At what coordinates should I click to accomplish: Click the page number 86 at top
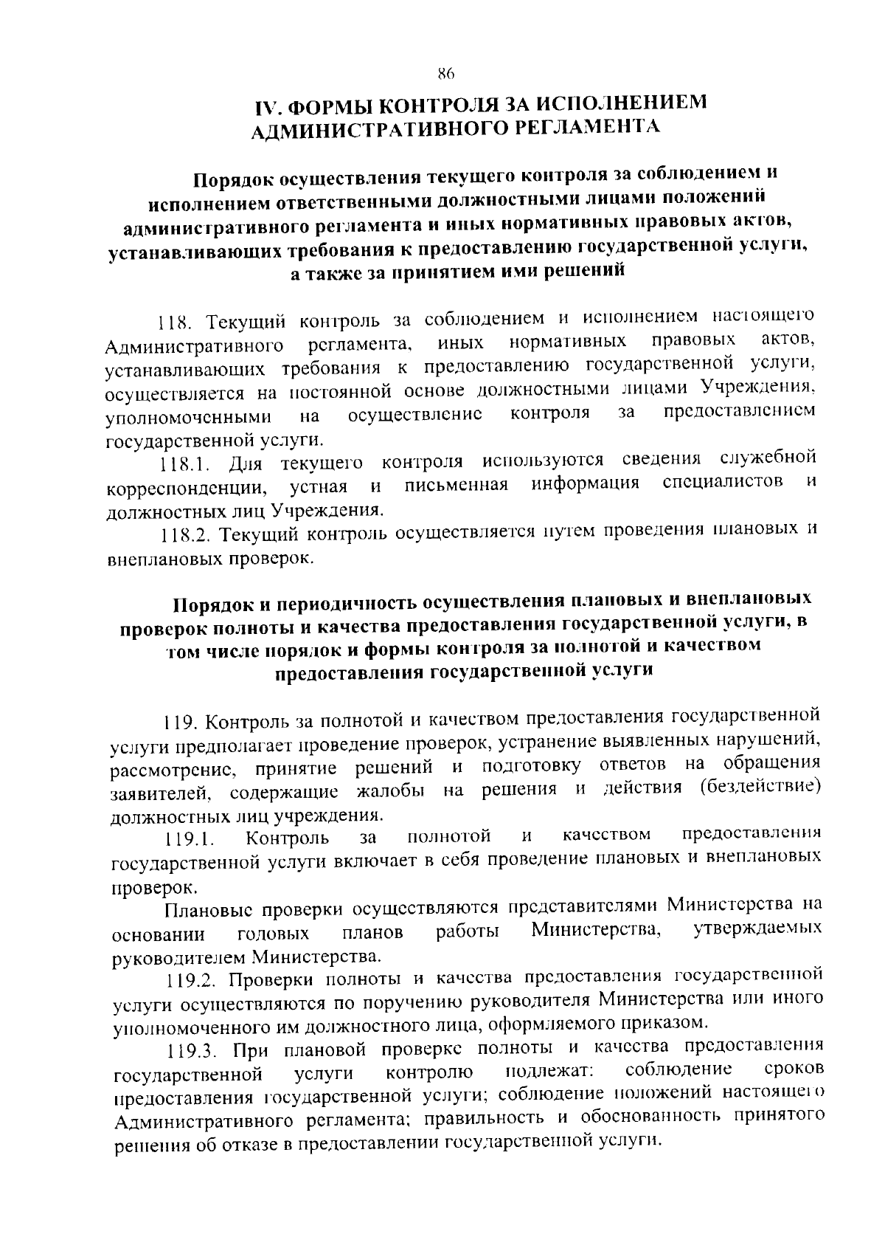point(444,73)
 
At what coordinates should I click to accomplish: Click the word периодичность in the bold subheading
point(344,603)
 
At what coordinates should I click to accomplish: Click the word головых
point(274,934)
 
